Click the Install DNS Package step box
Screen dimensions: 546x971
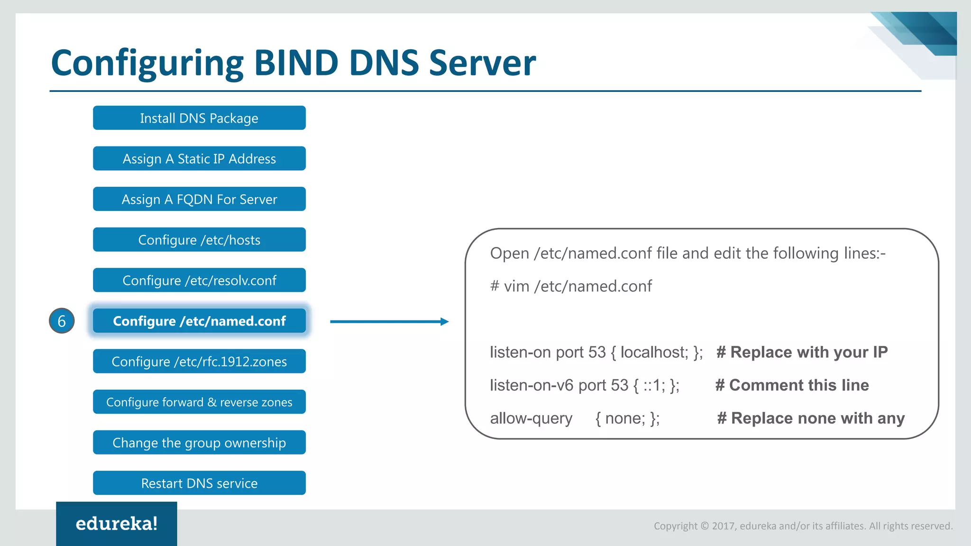pyautogui.click(x=199, y=118)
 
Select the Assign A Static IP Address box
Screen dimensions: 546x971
pyautogui.click(x=199, y=159)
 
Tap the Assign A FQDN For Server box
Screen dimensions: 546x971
pyautogui.click(x=199, y=199)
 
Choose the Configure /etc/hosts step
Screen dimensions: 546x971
pyautogui.click(x=199, y=240)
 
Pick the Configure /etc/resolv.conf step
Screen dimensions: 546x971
pyautogui.click(x=199, y=280)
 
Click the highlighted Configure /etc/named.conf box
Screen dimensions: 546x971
pyautogui.click(x=199, y=321)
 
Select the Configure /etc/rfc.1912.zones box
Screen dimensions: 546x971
pyautogui.click(x=199, y=362)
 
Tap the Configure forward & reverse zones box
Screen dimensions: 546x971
pyautogui.click(x=199, y=402)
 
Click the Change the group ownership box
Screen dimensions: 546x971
pyautogui.click(x=199, y=443)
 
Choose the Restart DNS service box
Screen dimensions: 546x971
pyautogui.click(x=199, y=483)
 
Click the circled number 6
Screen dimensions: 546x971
pyautogui.click(x=62, y=321)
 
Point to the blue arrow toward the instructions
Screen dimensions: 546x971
pyautogui.click(x=389, y=321)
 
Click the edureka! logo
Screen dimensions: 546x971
pyautogui.click(x=117, y=524)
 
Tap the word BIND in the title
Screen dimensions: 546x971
pyautogui.click(x=296, y=63)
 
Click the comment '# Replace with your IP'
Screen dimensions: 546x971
pyautogui.click(x=802, y=352)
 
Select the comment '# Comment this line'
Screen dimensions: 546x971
pyautogui.click(x=792, y=385)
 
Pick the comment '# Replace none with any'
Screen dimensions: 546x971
pyautogui.click(x=811, y=418)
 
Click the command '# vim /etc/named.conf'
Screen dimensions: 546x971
pyautogui.click(x=571, y=286)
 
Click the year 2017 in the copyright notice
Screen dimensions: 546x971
pyautogui.click(x=724, y=526)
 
